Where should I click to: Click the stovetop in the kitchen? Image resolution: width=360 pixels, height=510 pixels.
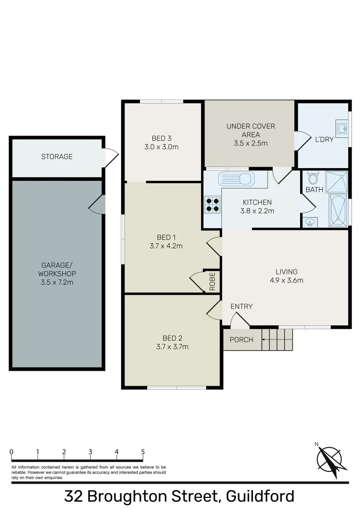[212, 204]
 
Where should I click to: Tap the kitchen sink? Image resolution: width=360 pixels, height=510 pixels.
[236, 179]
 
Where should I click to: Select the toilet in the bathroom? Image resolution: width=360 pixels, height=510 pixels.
[312, 178]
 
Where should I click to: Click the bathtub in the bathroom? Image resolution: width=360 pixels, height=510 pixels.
[338, 210]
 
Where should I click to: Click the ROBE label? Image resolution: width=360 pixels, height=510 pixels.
[212, 281]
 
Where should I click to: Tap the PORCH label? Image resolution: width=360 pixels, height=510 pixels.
[242, 340]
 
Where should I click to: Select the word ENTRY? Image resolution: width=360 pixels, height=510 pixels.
[242, 306]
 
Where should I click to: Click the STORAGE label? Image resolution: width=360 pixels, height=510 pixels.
[57, 156]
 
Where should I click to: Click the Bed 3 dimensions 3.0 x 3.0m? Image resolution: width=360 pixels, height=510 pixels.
[161, 147]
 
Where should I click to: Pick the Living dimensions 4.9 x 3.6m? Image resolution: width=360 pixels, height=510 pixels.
[286, 280]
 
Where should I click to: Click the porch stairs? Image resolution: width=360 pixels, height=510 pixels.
[277, 340]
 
